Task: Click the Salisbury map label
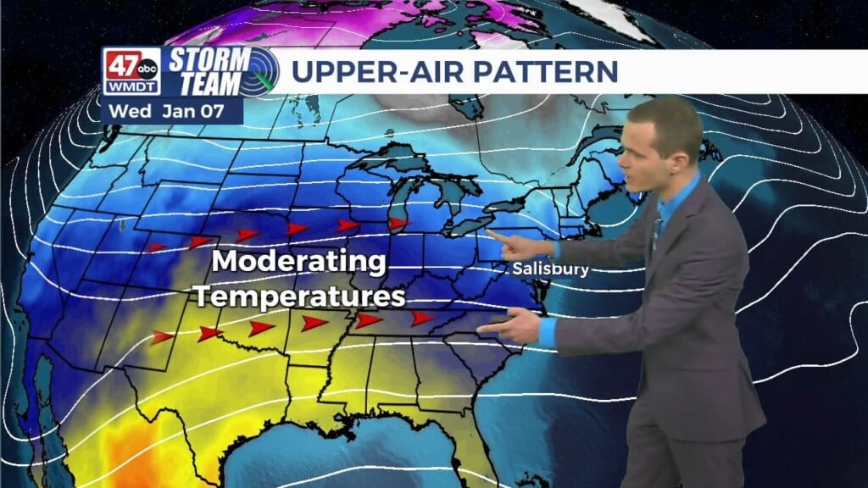[550, 269]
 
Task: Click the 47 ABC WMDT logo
[131, 71]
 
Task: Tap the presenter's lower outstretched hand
[512, 326]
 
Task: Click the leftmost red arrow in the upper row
[156, 248]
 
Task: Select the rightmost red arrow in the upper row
[397, 224]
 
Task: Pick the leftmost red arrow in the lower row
[162, 337]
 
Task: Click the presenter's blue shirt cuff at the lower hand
[548, 331]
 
